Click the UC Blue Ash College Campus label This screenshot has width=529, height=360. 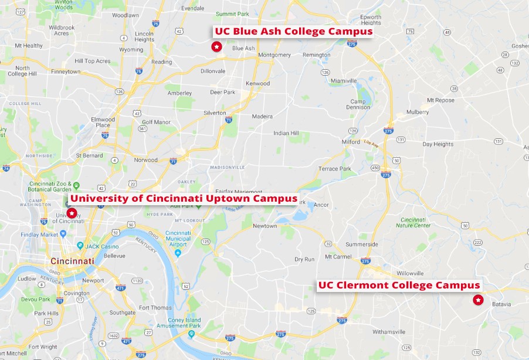tap(293, 32)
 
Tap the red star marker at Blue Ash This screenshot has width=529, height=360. tap(216, 46)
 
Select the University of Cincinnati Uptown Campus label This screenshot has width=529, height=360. tap(184, 198)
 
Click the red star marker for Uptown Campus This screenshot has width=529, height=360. tap(72, 213)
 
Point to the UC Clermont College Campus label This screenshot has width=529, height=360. tap(399, 286)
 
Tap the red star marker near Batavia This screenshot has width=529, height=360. tap(478, 300)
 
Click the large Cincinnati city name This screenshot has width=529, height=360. tap(72, 260)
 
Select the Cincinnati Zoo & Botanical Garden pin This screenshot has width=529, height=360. tap(76, 186)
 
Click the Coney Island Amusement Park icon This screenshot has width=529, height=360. tap(191, 334)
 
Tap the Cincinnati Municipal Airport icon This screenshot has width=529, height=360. tap(178, 252)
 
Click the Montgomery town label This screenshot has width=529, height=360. tap(274, 55)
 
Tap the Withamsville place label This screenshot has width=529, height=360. tap(388, 332)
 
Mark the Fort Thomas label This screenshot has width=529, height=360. tap(155, 307)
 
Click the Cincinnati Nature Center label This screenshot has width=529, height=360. tap(413, 222)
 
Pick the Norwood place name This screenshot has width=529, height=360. tap(145, 159)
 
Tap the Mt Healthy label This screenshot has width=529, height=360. tap(29, 46)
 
